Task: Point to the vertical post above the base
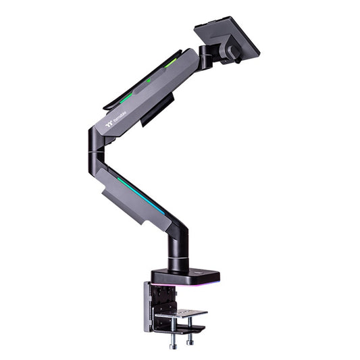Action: coord(178,247)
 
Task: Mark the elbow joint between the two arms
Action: coord(94,152)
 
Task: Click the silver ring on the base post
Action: coord(177,265)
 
